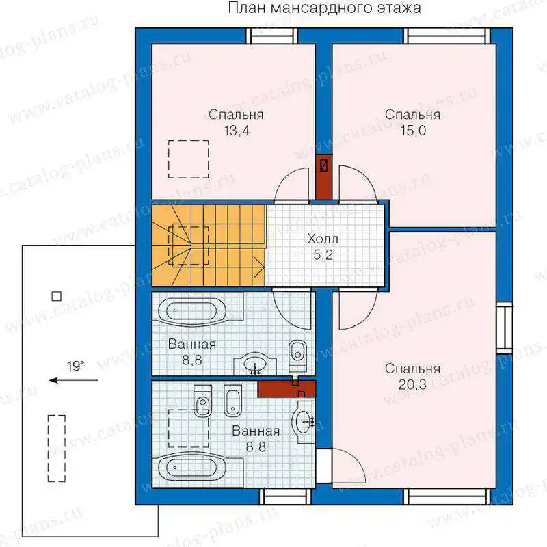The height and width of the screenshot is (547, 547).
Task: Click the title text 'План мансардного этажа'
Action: (324, 8)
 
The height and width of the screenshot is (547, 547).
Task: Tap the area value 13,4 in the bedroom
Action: (237, 131)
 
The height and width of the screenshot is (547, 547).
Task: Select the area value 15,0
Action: (413, 131)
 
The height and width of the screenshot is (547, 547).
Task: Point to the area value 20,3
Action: (412, 385)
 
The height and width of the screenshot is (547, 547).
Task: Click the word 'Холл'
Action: (323, 239)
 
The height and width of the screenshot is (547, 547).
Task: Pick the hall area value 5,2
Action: (323, 255)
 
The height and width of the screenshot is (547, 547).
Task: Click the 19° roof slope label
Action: (76, 366)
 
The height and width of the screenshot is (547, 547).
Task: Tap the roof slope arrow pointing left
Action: (74, 380)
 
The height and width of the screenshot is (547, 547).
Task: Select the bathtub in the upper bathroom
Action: (193, 311)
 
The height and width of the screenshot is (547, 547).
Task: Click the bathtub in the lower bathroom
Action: (192, 468)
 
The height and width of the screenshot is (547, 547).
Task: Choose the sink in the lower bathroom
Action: (304, 422)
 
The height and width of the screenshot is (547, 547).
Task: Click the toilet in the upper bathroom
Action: (297, 356)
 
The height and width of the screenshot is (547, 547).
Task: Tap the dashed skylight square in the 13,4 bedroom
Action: (189, 159)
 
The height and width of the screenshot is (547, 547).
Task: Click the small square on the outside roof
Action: (57, 296)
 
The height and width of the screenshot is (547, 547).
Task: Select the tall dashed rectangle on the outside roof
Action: (57, 449)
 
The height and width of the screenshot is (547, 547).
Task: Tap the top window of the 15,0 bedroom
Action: (447, 36)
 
